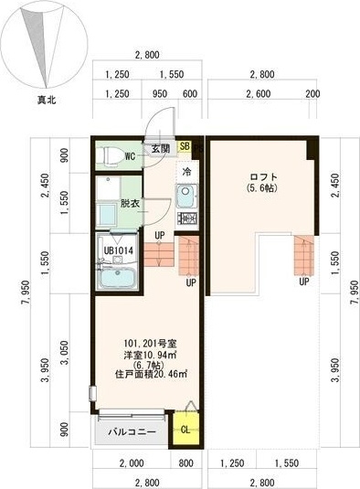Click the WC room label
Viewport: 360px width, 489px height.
coord(131,156)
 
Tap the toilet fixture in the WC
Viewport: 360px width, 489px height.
coord(111,155)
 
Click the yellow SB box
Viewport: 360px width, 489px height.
coord(185,146)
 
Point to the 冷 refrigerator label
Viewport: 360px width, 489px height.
coord(186,171)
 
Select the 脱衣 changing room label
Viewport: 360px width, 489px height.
coord(131,204)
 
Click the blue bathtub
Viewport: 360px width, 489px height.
coord(116,279)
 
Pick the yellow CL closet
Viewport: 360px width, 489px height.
coord(185,428)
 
